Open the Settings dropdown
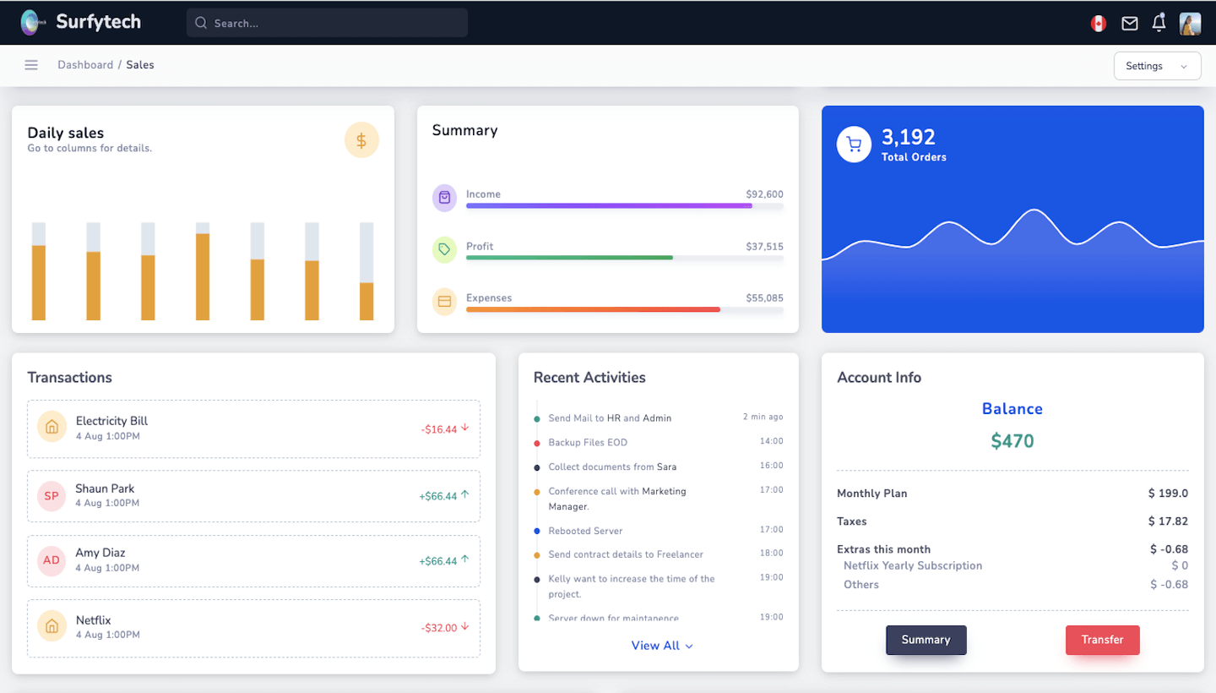(1157, 66)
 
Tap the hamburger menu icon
(31, 65)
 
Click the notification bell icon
(1159, 23)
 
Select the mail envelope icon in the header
(1129, 24)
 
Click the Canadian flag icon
(1098, 24)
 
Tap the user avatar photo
(1190, 24)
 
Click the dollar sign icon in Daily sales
(361, 140)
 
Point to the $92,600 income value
(764, 194)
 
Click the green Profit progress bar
(569, 257)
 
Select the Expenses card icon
(444, 301)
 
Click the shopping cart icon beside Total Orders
(854, 145)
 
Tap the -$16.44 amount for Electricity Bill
(439, 429)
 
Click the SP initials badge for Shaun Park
(52, 496)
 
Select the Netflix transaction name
(93, 620)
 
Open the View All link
(661, 646)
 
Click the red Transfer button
(1102, 640)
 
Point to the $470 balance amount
(1012, 440)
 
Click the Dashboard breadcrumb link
(85, 65)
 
